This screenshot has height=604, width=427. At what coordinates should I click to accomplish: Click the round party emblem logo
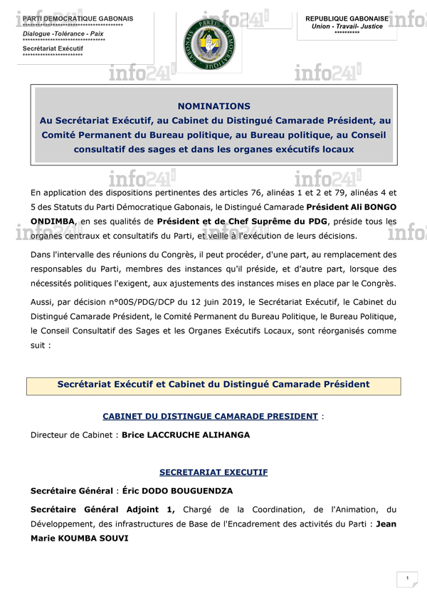211,43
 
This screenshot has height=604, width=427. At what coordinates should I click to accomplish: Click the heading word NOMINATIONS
213,105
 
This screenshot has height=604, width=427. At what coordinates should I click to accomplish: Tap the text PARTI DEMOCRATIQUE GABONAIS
78,19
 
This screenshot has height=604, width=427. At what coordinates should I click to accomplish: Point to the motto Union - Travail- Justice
347,26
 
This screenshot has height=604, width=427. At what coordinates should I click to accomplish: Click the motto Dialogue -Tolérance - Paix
63,33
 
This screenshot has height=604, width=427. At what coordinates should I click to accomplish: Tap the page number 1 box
406,578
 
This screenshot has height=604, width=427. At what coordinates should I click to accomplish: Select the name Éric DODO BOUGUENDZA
177,491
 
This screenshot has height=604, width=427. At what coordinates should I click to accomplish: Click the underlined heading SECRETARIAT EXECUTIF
213,472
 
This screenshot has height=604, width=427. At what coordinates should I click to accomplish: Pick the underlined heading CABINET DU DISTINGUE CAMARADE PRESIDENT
210,415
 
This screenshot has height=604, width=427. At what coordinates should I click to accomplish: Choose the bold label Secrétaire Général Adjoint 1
102,509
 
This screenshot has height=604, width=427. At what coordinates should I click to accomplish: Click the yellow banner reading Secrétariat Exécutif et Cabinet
213,385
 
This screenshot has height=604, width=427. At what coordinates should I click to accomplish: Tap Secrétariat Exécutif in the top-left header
53,48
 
